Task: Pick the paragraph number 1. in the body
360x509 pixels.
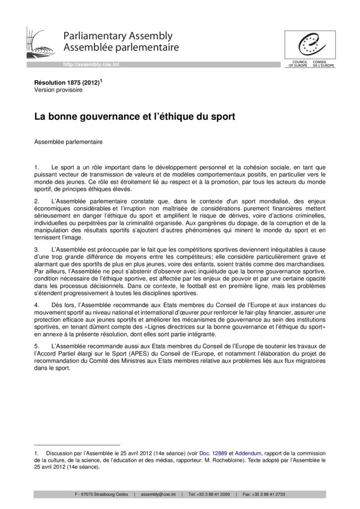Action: click(36, 168)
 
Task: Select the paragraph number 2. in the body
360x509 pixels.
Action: click(36, 201)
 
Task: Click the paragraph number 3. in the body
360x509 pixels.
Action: click(36, 248)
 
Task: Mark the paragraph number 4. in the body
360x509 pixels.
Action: click(36, 304)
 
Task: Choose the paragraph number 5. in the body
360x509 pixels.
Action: click(36, 345)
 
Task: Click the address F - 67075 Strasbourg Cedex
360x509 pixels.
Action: click(101, 495)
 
